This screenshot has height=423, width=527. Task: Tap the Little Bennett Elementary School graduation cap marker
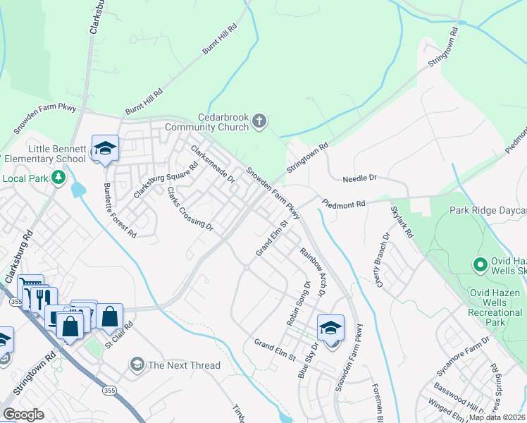click(x=105, y=148)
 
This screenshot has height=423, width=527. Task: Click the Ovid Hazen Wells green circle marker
click(x=481, y=265)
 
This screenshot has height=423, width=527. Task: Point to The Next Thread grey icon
click(x=137, y=364)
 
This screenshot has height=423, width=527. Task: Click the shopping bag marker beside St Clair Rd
click(x=110, y=317)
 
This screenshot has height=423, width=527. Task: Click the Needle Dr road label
click(x=360, y=179)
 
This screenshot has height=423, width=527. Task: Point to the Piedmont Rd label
click(x=345, y=204)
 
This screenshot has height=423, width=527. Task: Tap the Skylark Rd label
click(x=402, y=221)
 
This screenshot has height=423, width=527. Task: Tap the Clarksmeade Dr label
click(x=213, y=164)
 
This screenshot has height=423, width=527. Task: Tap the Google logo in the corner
click(x=23, y=414)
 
